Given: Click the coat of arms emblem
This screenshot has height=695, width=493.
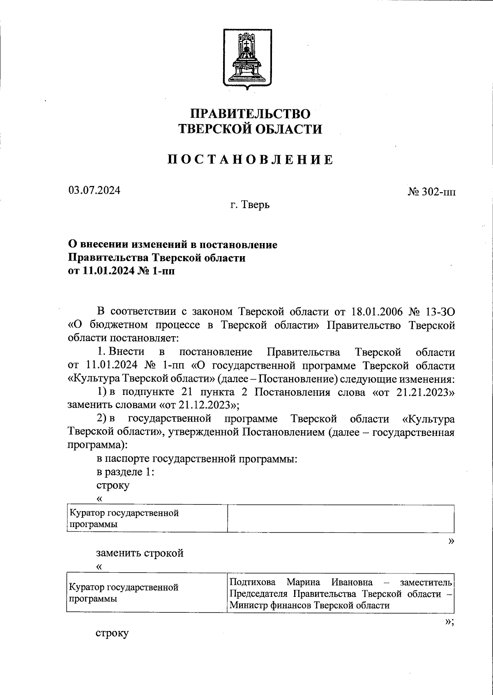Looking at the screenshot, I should click(x=246, y=59).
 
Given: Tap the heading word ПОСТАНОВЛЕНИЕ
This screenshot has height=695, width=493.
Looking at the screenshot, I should click(x=250, y=160).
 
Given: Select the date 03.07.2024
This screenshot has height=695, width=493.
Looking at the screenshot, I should click(x=94, y=190).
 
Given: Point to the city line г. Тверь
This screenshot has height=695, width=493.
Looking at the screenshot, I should click(x=250, y=204).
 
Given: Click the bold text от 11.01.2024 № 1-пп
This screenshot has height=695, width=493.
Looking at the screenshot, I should click(x=121, y=271).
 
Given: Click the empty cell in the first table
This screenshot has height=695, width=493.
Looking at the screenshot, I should click(x=341, y=518).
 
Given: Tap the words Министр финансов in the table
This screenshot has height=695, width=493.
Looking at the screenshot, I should click(x=271, y=605).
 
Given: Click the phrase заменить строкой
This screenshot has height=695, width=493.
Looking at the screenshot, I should click(x=140, y=553).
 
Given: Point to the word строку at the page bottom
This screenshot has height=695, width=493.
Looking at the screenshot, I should click(x=112, y=633).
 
